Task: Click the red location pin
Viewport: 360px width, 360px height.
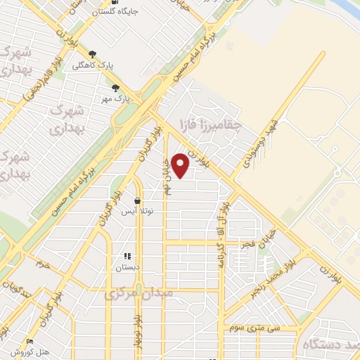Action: tap(181, 165)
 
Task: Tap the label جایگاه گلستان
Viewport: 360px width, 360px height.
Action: tap(114, 13)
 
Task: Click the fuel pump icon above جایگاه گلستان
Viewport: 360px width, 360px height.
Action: tap(114, 3)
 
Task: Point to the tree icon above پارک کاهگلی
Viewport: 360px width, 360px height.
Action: tap(92, 53)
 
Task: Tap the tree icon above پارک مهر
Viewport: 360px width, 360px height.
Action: tap(115, 88)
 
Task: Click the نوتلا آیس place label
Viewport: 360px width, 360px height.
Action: tap(138, 211)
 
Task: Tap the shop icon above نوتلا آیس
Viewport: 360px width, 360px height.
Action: tap(137, 201)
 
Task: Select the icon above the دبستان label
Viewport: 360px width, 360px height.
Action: tap(127, 257)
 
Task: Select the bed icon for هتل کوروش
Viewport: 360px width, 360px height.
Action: tap(30, 340)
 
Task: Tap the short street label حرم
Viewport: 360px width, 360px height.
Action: tap(44, 264)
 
